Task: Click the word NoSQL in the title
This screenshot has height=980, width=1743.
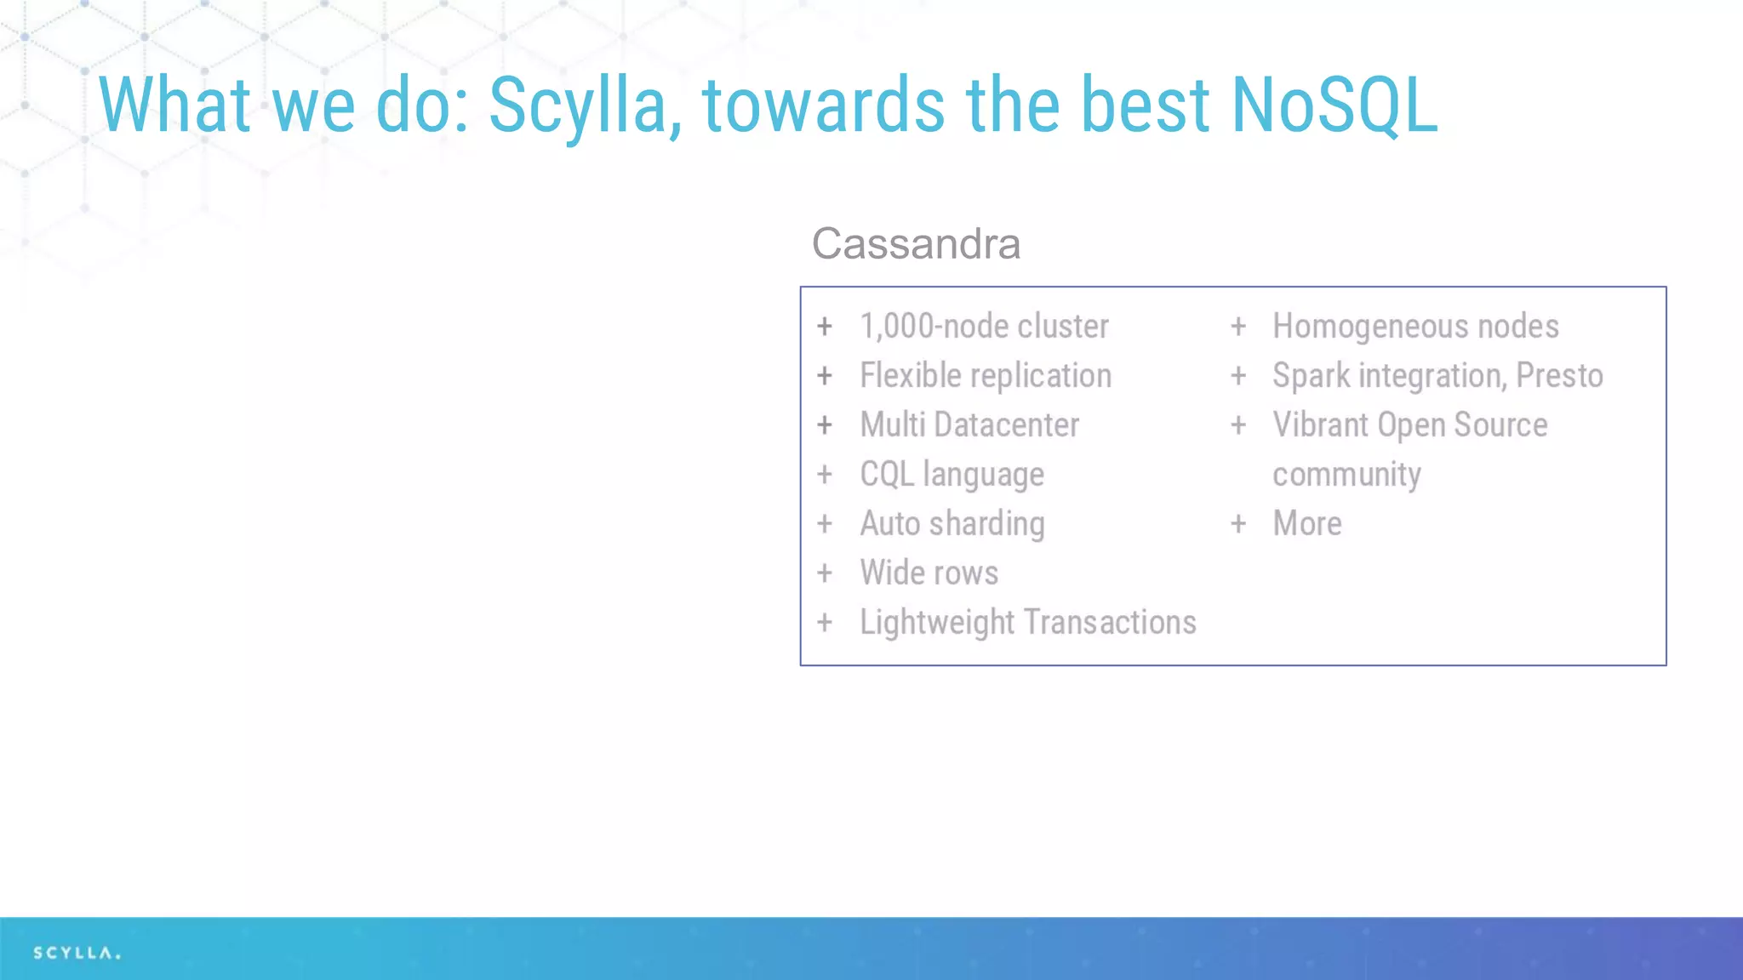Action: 1334,105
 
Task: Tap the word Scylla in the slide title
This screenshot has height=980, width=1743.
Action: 585,106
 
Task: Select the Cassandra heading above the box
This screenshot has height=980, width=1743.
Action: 916,244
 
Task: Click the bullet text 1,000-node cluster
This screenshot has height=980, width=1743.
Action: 984,327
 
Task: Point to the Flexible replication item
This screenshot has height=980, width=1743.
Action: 986,376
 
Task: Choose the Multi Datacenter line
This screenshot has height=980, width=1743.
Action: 969,425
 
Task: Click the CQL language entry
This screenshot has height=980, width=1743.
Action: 952,475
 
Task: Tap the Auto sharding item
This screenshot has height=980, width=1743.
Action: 952,524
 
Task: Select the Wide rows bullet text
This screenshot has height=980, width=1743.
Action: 929,573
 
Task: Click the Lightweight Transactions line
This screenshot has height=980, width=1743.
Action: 1028,623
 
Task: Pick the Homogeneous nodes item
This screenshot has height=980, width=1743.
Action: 1415,327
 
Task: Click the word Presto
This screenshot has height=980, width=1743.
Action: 1559,376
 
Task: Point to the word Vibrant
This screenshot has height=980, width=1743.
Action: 1319,425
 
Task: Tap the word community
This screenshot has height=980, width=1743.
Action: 1346,475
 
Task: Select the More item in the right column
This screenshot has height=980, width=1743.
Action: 1307,524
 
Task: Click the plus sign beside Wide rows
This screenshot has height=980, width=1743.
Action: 825,573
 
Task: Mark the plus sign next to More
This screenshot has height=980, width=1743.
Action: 1238,524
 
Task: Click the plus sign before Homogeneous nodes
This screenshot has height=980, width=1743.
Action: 1238,327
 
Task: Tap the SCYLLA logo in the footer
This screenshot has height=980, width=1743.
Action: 77,953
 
